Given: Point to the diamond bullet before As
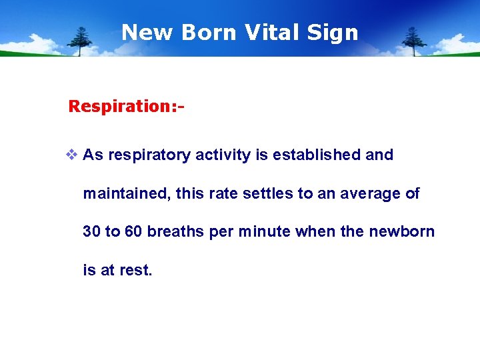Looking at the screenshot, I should click(72, 155).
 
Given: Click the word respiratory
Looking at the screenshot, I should click(149, 155).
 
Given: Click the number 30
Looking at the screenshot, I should click(91, 232).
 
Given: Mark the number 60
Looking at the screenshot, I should click(133, 232).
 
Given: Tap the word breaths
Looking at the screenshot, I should click(176, 232).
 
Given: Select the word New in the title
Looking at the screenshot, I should click(147, 32).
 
